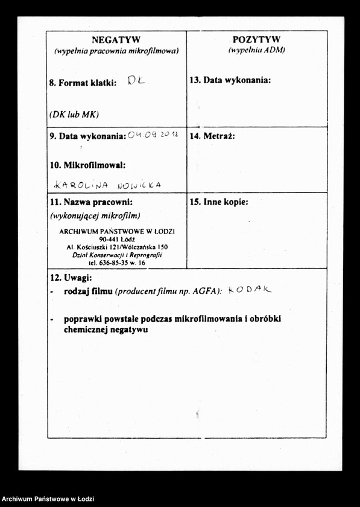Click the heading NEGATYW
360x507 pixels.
[116, 40]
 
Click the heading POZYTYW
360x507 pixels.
[256, 39]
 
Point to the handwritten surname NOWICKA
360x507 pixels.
[139, 185]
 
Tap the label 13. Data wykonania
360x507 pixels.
[230, 80]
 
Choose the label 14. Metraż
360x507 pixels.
[212, 136]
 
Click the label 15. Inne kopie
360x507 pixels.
[218, 203]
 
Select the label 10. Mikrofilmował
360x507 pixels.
[87, 164]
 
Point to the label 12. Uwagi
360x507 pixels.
[70, 278]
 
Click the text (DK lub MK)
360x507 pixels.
[74, 114]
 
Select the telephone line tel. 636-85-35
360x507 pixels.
[116, 263]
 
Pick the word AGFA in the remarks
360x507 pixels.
[204, 291]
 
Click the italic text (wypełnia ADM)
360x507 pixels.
[256, 51]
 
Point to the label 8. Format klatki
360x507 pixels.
[83, 83]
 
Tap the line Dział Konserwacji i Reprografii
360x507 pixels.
[116, 255]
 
